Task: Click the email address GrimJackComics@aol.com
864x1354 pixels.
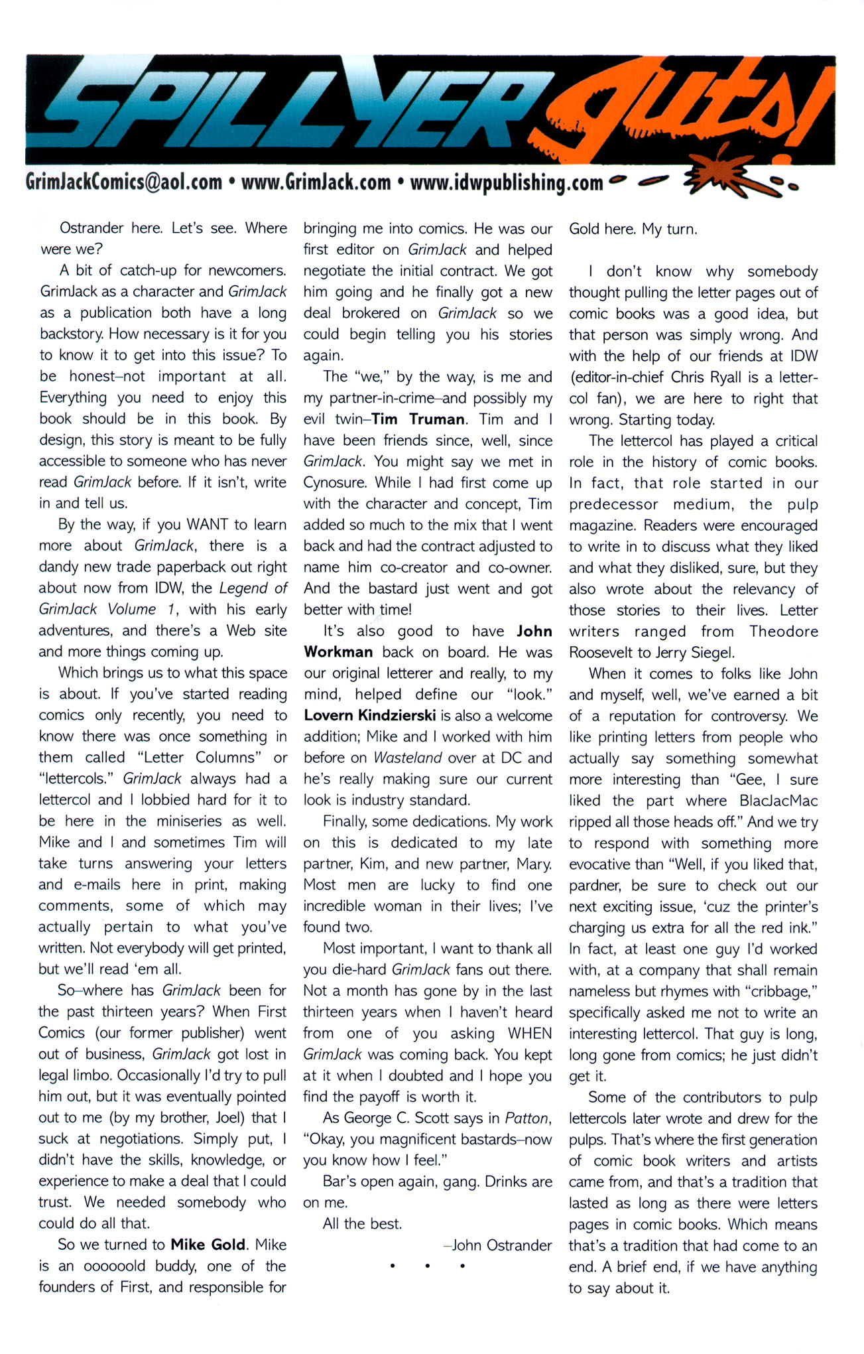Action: [x=123, y=182]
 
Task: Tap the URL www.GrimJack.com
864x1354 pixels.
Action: [x=316, y=182]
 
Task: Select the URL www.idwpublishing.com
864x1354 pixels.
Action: [x=507, y=182]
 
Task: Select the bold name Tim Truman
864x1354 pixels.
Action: [x=418, y=419]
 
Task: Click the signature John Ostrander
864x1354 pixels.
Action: [x=501, y=1245]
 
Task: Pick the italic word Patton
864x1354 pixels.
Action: [x=527, y=1118]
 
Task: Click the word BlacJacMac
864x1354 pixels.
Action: [x=778, y=801]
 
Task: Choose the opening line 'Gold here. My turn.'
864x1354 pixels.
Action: [x=633, y=230]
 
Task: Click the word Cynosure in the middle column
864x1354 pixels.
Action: [x=336, y=483]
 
